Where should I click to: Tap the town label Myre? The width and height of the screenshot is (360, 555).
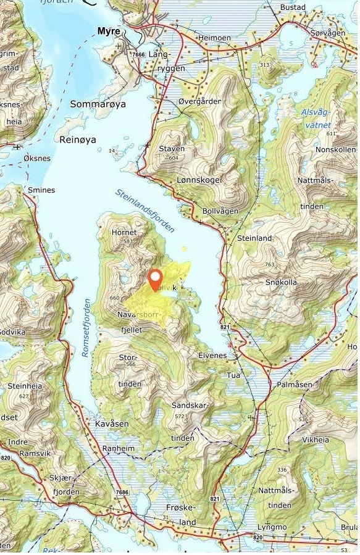pyautogui.click(x=109, y=30)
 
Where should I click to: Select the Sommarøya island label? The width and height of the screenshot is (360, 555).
pyautogui.click(x=98, y=104)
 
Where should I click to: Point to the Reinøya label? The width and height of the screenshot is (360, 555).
pyautogui.click(x=78, y=140)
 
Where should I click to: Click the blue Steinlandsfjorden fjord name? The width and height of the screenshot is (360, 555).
pyautogui.click(x=145, y=211)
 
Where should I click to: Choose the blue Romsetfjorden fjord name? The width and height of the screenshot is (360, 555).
pyautogui.click(x=86, y=327)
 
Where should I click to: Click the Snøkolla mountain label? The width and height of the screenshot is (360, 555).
pyautogui.click(x=281, y=282)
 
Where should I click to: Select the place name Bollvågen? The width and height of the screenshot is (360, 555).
pyautogui.click(x=220, y=211)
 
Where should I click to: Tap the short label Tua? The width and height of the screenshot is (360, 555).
pyautogui.click(x=233, y=375)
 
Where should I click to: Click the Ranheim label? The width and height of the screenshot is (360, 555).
pyautogui.click(x=117, y=449)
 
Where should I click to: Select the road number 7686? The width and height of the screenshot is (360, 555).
pyautogui.click(x=122, y=491)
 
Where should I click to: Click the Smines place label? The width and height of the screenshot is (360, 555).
pyautogui.click(x=41, y=190)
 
